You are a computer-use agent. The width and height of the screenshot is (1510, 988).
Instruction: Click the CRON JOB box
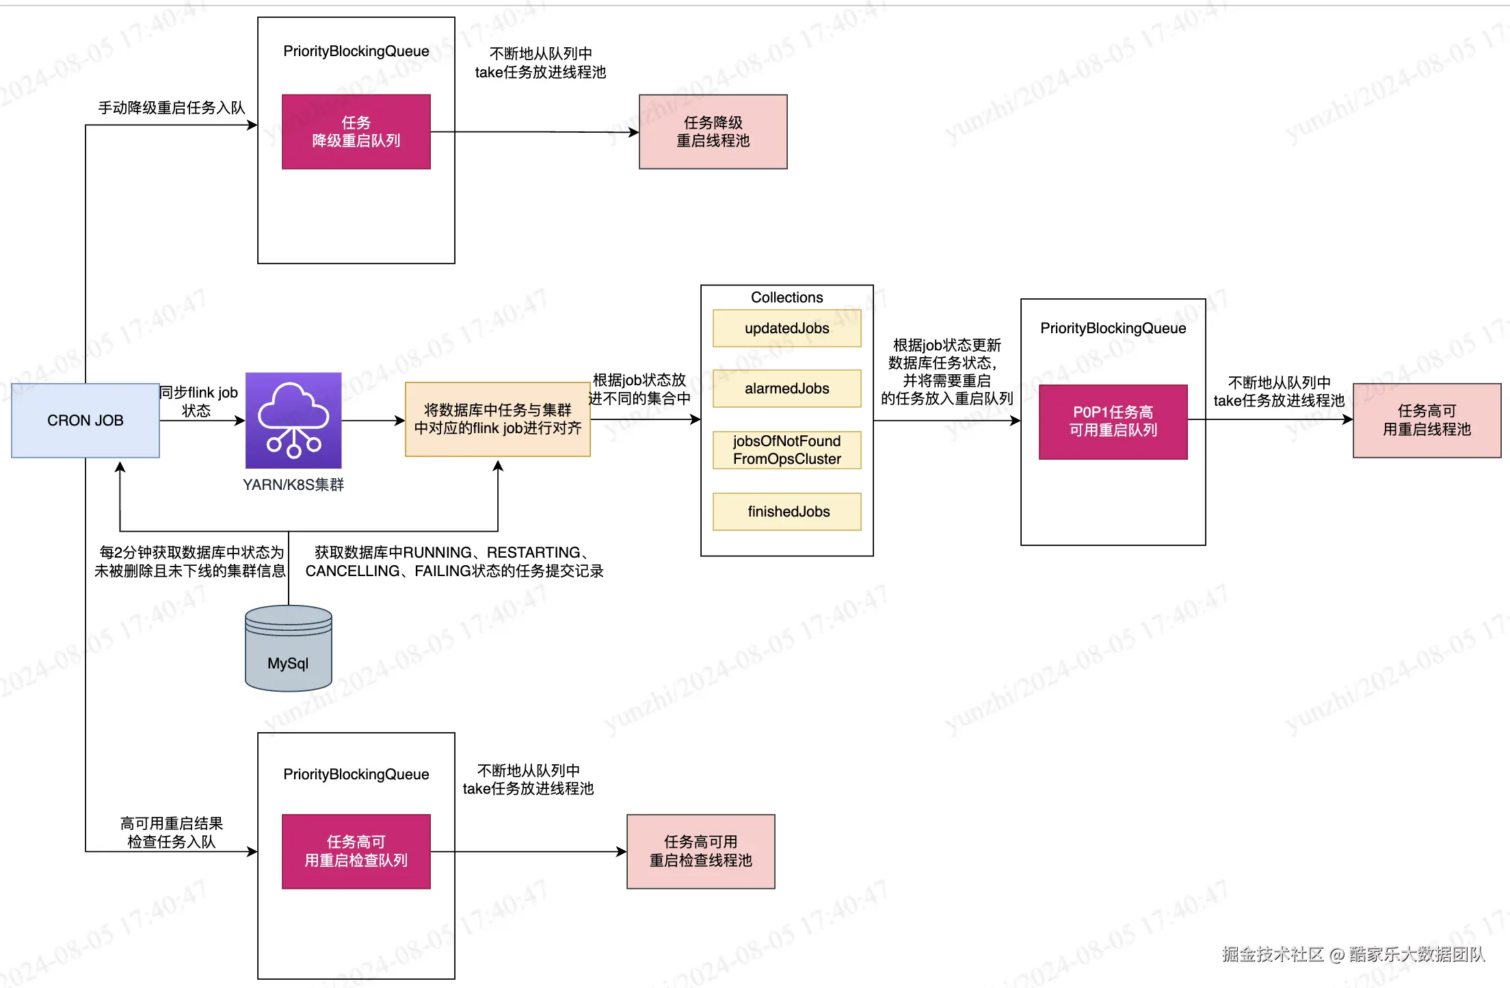tap(85, 420)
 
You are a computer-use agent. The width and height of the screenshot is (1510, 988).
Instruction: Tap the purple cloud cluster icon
tap(293, 420)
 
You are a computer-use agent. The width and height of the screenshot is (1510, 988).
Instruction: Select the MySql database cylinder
tap(288, 649)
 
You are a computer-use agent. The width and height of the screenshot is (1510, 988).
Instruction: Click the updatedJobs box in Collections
tap(786, 328)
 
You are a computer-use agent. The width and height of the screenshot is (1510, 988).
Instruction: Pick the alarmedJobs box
tap(786, 389)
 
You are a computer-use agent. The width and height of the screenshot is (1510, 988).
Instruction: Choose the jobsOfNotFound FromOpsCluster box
tap(786, 450)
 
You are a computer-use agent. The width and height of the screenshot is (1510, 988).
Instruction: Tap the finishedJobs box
tap(786, 512)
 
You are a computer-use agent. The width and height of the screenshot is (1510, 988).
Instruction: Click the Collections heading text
tap(786, 297)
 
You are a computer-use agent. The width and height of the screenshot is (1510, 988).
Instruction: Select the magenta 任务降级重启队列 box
tap(356, 131)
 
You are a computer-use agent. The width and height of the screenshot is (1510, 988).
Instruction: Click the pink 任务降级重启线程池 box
tap(713, 131)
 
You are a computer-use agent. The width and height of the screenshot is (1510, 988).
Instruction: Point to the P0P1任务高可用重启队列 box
tap(1113, 421)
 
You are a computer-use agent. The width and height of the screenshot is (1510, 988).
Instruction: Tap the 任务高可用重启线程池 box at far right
tap(1427, 420)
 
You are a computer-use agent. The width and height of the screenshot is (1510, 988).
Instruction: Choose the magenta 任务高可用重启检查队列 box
tap(356, 851)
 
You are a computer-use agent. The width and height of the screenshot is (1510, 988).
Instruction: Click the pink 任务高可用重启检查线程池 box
tap(700, 851)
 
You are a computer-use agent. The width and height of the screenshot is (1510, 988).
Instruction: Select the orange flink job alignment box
tap(497, 419)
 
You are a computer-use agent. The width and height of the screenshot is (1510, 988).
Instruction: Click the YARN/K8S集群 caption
tap(293, 484)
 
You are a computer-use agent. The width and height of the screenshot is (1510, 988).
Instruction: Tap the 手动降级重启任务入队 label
tap(171, 107)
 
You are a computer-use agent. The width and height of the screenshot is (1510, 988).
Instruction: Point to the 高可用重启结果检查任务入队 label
tap(171, 833)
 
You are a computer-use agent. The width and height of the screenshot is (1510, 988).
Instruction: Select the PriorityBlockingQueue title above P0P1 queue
tap(1113, 328)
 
